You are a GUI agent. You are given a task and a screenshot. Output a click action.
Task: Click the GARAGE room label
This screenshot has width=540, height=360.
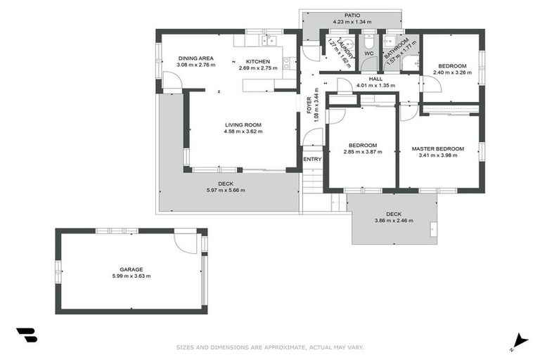pos(131,269)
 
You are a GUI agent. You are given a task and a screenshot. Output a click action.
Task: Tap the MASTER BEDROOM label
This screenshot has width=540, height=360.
pos(437,148)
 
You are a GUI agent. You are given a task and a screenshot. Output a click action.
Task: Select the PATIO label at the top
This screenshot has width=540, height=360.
pos(352,15)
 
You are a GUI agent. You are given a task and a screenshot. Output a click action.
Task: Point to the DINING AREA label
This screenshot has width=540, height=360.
pos(195,58)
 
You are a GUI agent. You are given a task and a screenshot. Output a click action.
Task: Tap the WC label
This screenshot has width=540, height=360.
pos(368,53)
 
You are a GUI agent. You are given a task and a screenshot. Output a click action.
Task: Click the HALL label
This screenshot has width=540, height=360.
pos(375,79)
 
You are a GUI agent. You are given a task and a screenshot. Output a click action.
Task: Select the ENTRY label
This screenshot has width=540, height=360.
pos(312,159)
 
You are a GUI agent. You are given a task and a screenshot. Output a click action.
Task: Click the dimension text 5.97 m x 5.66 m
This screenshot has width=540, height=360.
pos(225,191)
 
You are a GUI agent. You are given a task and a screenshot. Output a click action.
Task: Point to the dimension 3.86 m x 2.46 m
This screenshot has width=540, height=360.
pos(394,221)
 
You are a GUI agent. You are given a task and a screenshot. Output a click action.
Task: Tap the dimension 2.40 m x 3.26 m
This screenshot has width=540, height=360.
pos(449,72)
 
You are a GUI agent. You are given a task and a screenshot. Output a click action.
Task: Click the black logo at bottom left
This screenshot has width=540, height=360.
pos(27,335)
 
